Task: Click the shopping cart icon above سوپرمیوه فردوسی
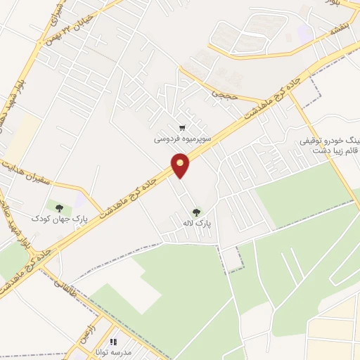tap(182, 128)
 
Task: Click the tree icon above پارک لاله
tap(195, 212)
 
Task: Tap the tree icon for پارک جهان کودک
tap(58, 208)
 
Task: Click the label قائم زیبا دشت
tap(329, 149)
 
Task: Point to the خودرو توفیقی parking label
tap(330, 140)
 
